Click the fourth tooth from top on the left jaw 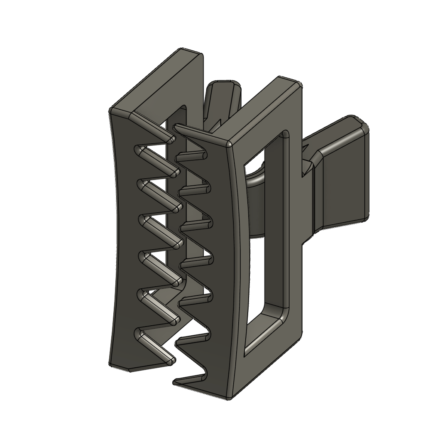click(x=176, y=242)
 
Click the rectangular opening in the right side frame click(x=266, y=233)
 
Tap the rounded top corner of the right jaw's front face click(x=229, y=144)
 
